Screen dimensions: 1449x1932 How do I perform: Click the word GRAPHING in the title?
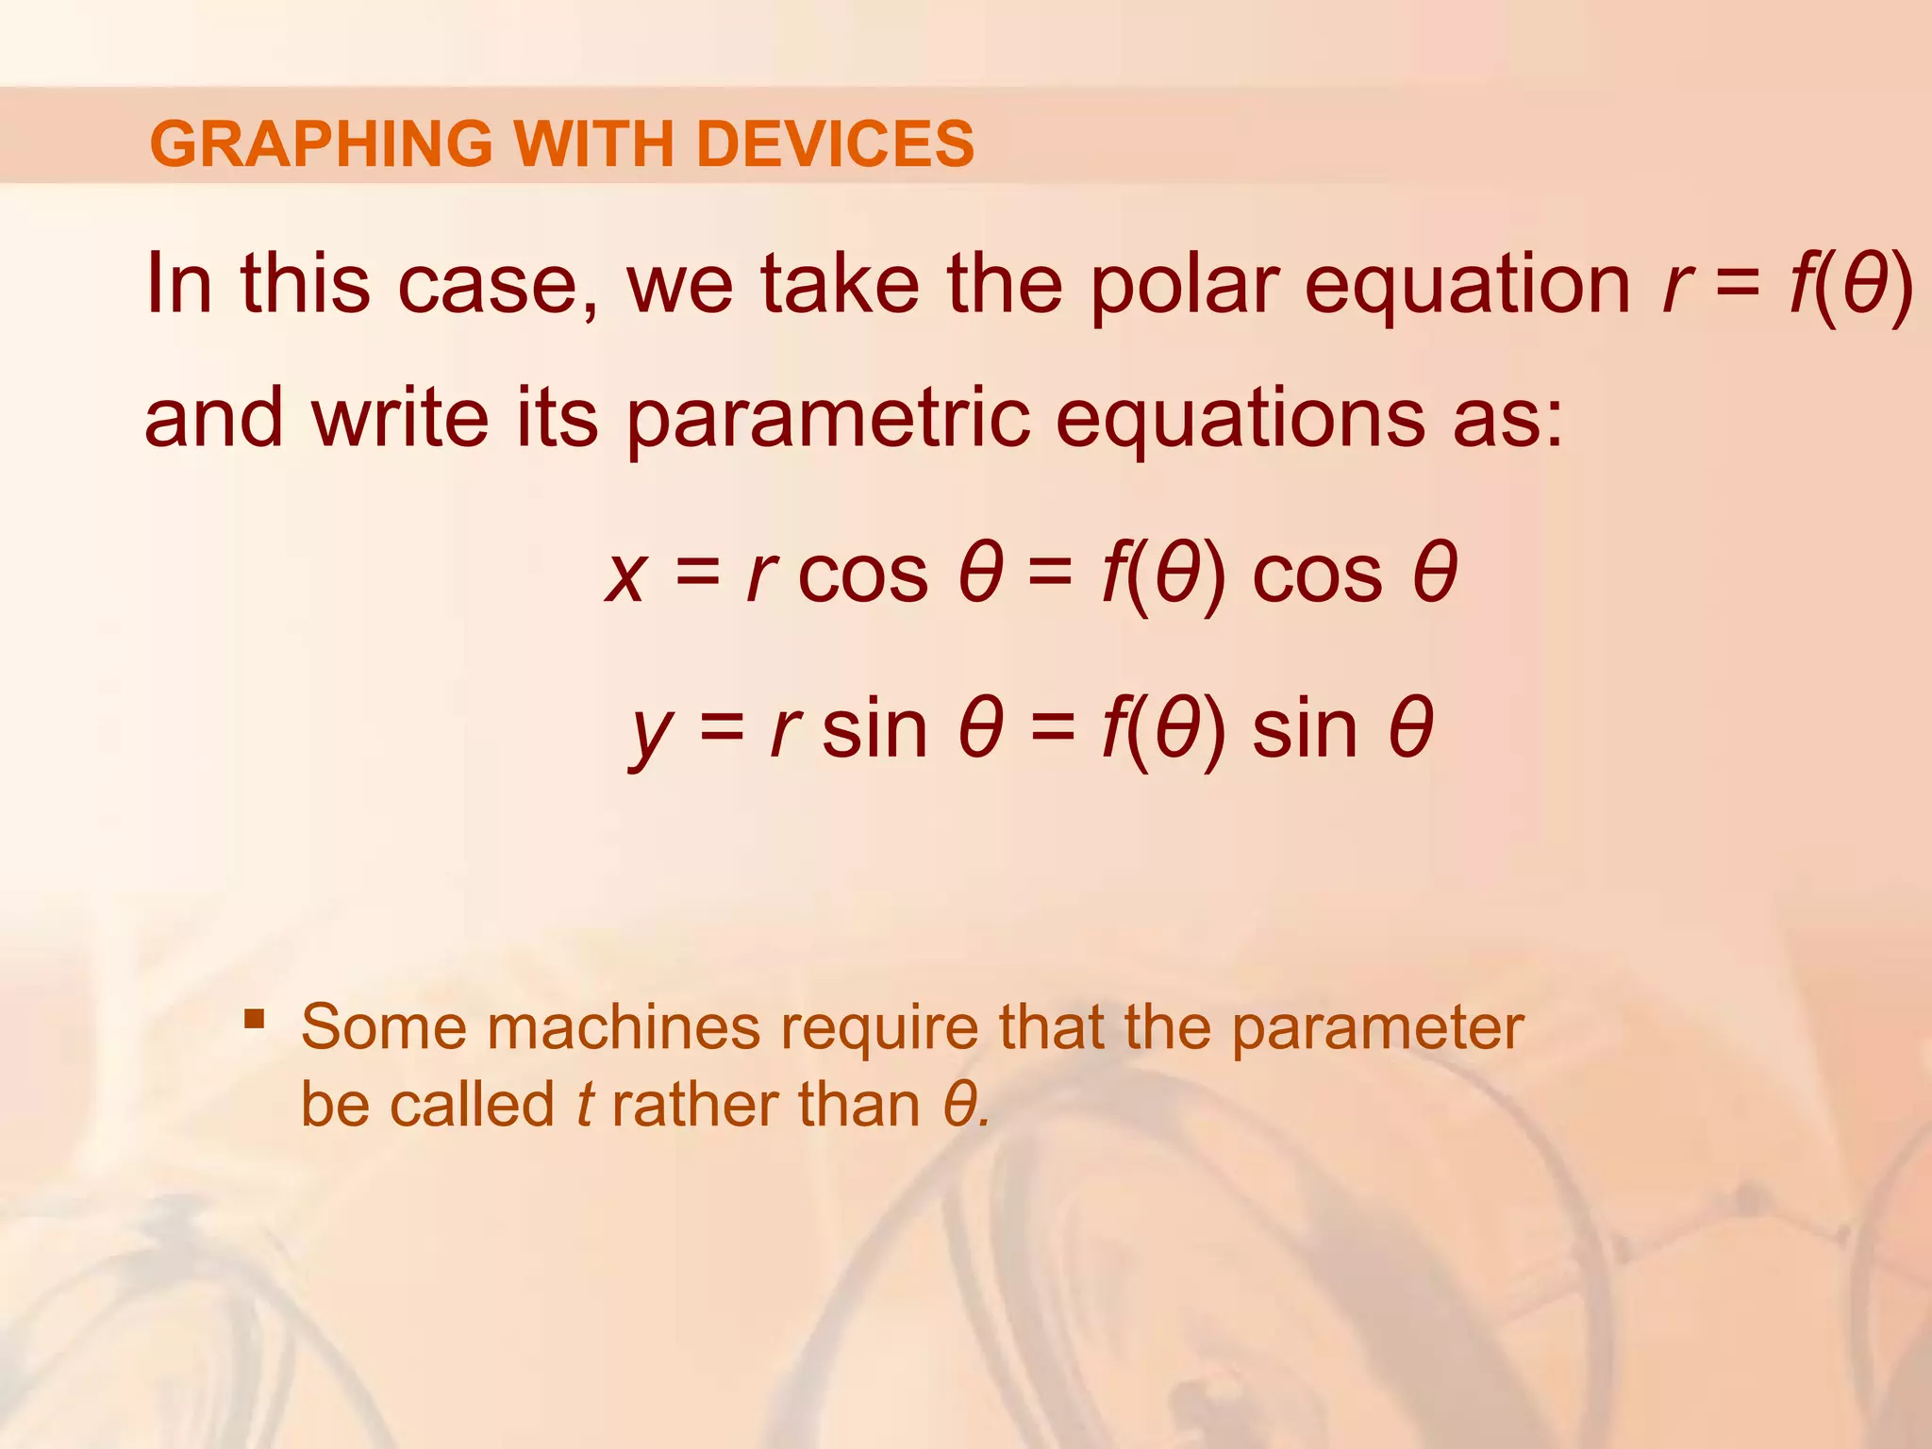[321, 143]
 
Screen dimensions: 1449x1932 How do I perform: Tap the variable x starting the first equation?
[625, 575]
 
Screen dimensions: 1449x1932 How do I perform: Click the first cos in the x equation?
[862, 575]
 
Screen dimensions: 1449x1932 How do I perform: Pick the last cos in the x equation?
[1317, 575]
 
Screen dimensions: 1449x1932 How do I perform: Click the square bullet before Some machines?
[254, 1018]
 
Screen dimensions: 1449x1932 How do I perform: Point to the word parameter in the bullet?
[1377, 1028]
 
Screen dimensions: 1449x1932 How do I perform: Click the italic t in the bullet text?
[584, 1105]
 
